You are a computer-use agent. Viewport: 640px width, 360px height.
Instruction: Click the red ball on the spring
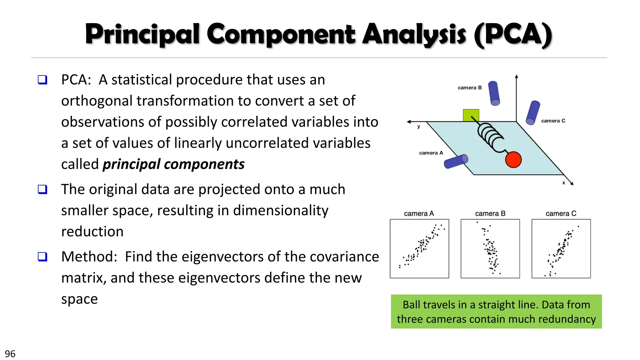point(513,159)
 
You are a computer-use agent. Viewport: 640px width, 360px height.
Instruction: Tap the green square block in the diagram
point(471,115)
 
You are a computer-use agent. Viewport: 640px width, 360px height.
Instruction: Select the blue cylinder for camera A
point(456,161)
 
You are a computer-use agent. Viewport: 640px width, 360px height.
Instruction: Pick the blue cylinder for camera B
point(494,93)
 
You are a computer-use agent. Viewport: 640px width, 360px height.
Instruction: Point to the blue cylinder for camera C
point(533,112)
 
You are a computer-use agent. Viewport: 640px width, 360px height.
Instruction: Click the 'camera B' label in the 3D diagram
point(469,88)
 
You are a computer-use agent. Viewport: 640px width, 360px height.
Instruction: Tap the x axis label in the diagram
point(563,183)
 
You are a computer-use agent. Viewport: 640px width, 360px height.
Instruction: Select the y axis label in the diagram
point(418,127)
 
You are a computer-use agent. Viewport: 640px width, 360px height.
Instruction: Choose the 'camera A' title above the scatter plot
point(419,214)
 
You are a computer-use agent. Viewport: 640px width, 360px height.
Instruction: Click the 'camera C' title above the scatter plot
point(561,214)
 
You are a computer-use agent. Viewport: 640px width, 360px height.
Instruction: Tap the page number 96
point(10,354)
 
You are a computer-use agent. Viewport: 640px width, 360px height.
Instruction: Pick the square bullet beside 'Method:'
point(42,257)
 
